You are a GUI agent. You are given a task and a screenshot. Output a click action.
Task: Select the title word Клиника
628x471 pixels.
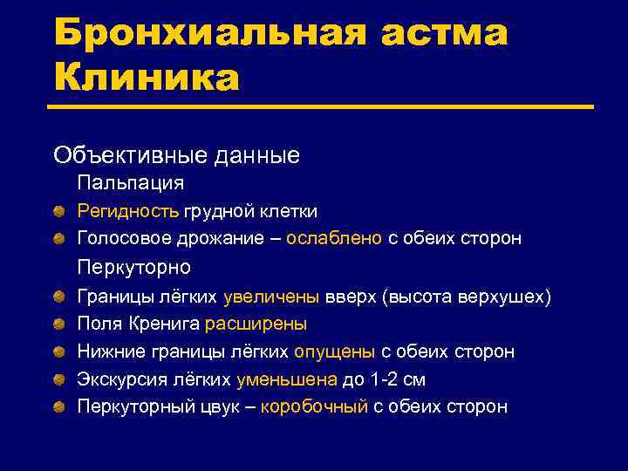[146, 78]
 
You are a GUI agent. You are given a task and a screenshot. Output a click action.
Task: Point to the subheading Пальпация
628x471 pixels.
[130, 183]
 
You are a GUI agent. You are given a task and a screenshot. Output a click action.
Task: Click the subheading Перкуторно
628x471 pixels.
[133, 267]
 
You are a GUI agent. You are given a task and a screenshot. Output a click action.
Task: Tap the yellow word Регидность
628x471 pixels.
[128, 211]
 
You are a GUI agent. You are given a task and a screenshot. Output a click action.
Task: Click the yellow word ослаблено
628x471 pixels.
[334, 238]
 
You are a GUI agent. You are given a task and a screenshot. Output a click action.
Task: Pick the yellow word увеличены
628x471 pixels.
[273, 297]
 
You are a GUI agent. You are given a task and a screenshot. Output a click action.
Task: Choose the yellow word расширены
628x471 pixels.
[256, 324]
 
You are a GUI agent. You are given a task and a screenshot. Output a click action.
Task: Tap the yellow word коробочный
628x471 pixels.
[314, 406]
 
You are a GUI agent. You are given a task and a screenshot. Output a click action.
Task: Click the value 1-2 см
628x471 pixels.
[397, 379]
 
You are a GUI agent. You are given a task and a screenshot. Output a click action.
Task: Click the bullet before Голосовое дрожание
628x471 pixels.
[58, 238]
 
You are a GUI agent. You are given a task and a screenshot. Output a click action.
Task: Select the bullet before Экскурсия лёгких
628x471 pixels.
[58, 379]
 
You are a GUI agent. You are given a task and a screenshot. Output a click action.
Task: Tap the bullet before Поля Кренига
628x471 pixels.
[58, 324]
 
